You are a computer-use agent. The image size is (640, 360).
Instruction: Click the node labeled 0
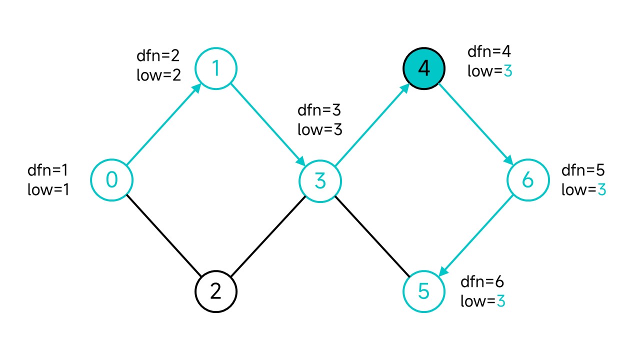111,180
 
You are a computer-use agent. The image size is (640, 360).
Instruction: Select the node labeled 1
216,68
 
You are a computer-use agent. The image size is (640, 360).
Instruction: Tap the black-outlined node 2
216,291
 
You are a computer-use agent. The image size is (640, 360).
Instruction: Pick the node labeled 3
320,181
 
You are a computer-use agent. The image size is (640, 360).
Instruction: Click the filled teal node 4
424,68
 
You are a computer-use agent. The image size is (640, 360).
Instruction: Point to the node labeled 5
424,291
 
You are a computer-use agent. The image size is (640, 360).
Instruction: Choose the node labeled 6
528,180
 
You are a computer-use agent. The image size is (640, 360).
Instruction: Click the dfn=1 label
47,170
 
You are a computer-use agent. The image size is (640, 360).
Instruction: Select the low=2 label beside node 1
158,75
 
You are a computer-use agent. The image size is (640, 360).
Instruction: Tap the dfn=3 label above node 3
319,110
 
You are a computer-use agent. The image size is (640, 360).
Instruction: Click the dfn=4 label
489,51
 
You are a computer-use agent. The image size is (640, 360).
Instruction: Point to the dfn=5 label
583,170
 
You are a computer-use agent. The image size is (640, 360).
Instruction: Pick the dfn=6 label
482,282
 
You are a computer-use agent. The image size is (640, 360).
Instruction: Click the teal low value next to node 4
507,71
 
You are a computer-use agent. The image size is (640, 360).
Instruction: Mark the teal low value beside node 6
601,189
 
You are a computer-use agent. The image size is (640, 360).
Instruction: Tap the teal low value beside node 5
501,301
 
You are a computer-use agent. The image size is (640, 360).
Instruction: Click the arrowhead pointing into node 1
196,88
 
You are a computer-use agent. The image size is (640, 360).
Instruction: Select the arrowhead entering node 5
443,271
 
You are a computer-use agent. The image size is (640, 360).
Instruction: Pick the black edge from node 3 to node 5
372,236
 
